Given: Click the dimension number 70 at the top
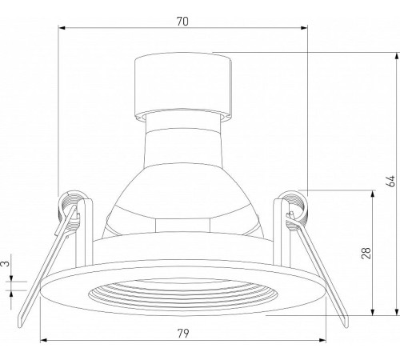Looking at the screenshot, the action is pos(182,22).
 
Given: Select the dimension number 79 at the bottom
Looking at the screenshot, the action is pos(183,333).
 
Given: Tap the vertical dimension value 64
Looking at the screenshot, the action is pos(390,181).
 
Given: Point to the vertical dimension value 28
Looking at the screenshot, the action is pos(366,253).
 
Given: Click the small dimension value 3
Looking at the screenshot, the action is pos(6,263).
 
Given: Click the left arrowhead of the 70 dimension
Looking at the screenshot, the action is pos(62,28).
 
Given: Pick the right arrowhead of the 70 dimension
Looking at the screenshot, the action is pos(304,28).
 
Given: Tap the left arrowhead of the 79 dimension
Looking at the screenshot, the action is pos(43,340).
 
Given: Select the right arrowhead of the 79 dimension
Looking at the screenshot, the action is pos(322,340).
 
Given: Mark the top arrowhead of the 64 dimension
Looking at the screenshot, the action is pos(398,56).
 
